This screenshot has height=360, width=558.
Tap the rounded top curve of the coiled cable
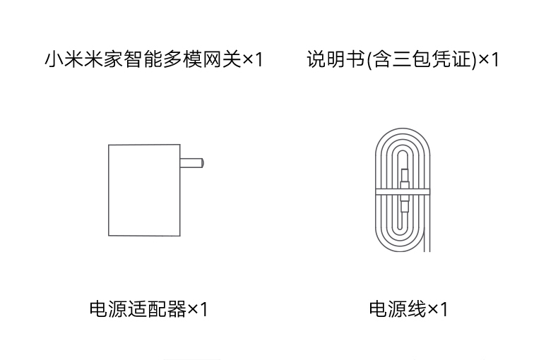(402, 136)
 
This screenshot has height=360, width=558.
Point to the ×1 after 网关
(253, 59)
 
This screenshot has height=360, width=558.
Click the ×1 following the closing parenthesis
(489, 59)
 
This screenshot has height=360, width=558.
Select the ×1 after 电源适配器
(198, 309)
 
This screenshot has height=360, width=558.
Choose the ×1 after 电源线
(439, 309)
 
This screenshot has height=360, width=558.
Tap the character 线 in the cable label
(417, 309)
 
